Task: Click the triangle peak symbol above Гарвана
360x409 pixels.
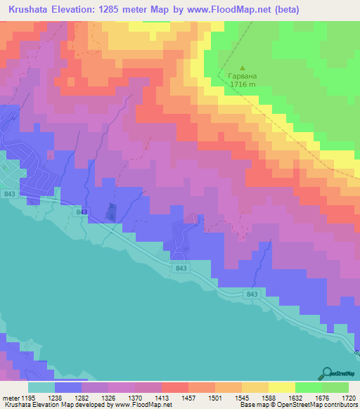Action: (233, 67)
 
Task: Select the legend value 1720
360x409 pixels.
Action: (348, 397)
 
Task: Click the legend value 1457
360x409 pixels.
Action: (188, 397)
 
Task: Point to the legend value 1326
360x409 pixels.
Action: (109, 397)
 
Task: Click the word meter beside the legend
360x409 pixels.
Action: (10, 397)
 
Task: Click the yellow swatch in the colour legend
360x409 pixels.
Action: (282, 387)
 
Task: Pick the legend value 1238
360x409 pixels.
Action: (56, 397)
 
